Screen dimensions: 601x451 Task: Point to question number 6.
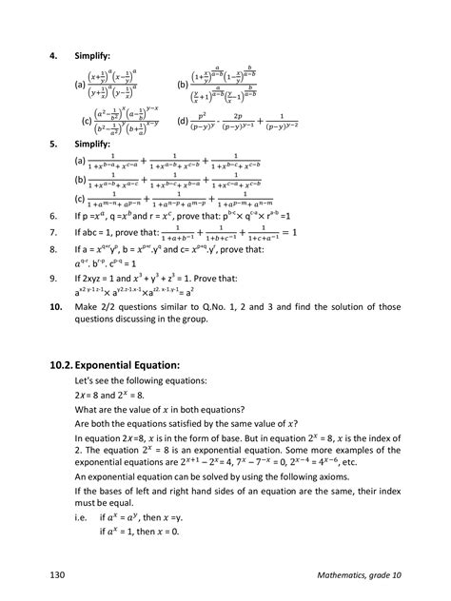(54, 217)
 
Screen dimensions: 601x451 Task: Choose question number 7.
(54, 233)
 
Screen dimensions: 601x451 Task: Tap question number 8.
(54, 250)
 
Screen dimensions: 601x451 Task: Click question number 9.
(54, 280)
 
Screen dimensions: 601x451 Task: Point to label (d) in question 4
(185, 122)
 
